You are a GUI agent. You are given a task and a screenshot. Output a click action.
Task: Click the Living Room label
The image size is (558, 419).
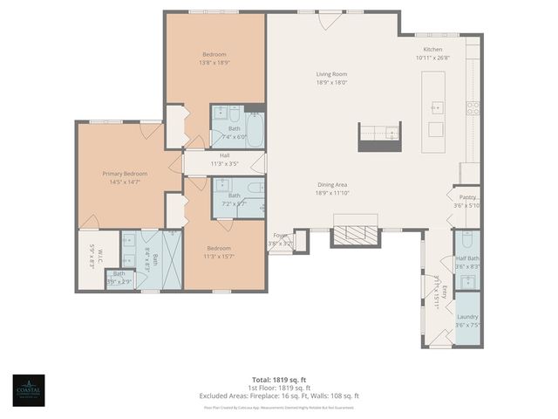pos(331,74)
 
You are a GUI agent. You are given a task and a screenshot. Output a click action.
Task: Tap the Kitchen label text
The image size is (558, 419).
pos(433,50)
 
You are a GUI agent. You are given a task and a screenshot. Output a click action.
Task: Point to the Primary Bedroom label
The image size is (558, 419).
pos(119,174)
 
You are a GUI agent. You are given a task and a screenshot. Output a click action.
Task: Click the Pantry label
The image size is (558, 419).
pos(467,197)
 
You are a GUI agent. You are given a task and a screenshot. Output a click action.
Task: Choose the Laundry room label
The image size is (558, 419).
pos(466,317)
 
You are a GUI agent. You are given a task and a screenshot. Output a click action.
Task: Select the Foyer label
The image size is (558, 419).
pos(280,235)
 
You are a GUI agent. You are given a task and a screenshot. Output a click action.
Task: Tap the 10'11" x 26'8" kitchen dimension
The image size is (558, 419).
pos(433,58)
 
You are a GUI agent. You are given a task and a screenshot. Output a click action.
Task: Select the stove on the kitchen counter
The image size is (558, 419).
pos(472,108)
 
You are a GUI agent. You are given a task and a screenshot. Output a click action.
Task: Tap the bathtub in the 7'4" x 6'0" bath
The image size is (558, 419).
pos(255,127)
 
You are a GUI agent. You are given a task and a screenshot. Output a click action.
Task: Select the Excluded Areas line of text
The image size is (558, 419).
pos(279,395)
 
